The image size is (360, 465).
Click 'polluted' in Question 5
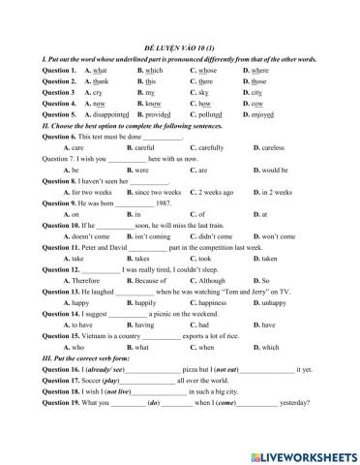[211, 113]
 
